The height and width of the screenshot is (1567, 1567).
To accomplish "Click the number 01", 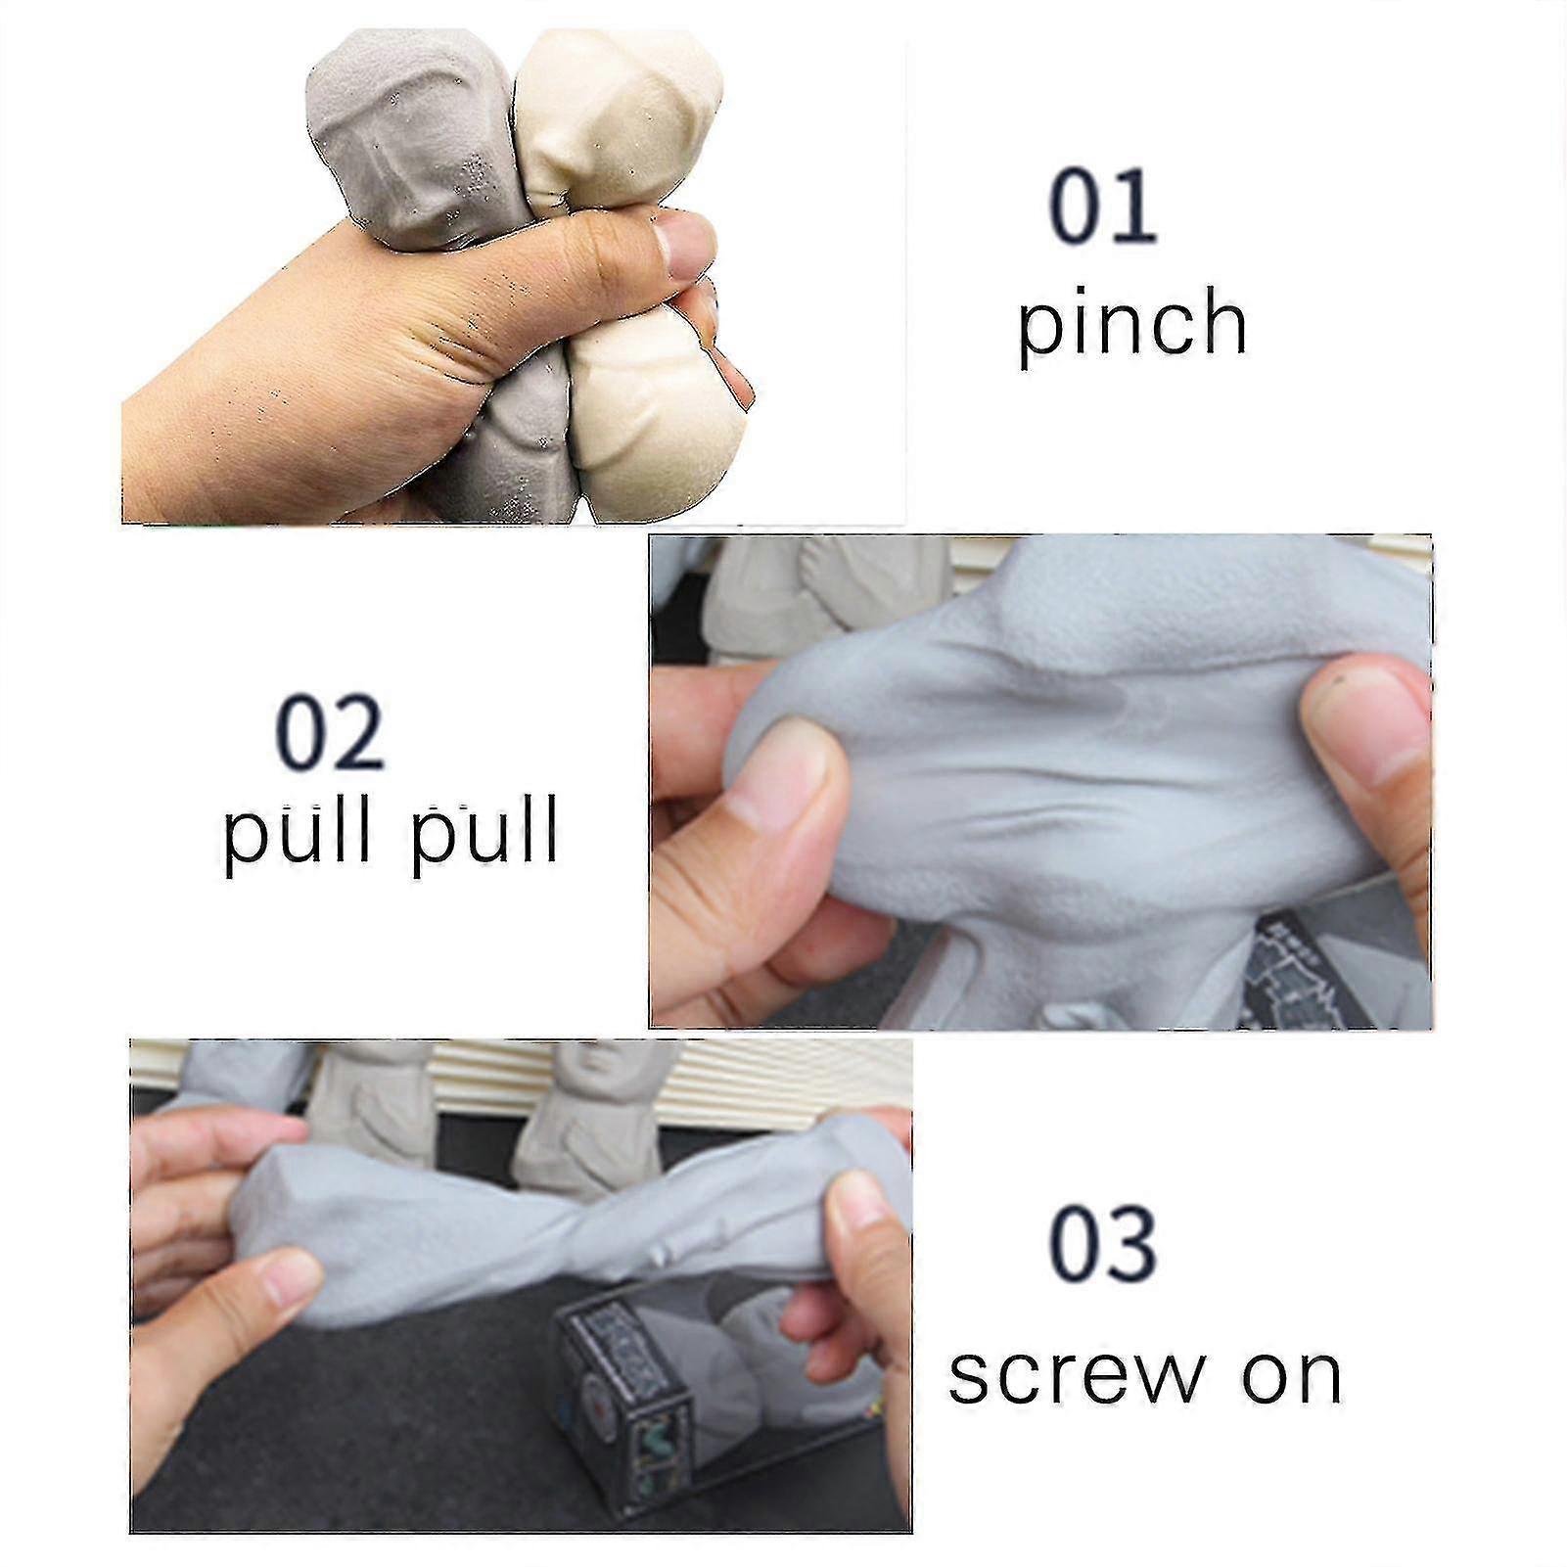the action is click(1103, 207).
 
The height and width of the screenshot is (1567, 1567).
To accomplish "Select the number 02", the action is click(329, 732).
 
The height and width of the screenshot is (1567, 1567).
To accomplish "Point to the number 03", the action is click(1103, 1244).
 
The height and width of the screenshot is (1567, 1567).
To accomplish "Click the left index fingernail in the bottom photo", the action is click(291, 1278).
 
